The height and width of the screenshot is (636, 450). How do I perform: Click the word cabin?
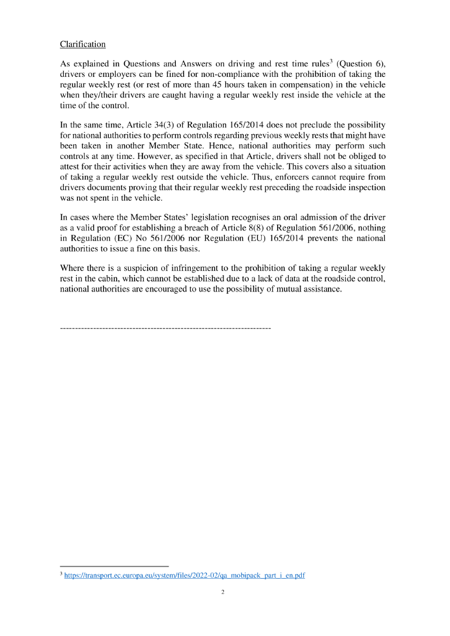[x=115, y=277]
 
